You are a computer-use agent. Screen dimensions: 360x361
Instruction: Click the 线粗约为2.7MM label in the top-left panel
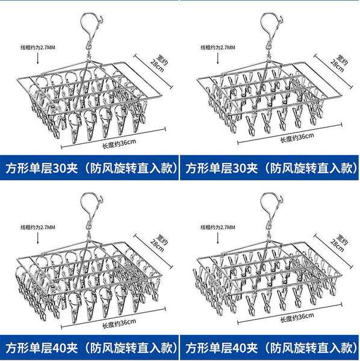click(x=38, y=48)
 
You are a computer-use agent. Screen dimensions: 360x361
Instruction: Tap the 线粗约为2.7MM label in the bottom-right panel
click(x=218, y=227)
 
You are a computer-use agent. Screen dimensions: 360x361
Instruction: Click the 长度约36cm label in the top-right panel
click(x=297, y=137)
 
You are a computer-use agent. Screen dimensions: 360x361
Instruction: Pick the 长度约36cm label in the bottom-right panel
click(x=297, y=317)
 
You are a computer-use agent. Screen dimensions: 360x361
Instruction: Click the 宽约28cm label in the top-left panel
click(x=159, y=63)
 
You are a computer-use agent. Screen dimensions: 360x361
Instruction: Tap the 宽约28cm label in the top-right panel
click(x=339, y=63)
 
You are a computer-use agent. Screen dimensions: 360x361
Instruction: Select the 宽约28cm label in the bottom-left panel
click(x=159, y=243)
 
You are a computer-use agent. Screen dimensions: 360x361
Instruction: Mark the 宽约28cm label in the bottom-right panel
click(x=339, y=243)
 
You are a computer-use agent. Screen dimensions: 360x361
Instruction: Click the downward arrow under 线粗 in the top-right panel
click(x=218, y=58)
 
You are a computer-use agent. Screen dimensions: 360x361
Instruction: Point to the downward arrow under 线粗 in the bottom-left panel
click(x=38, y=238)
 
